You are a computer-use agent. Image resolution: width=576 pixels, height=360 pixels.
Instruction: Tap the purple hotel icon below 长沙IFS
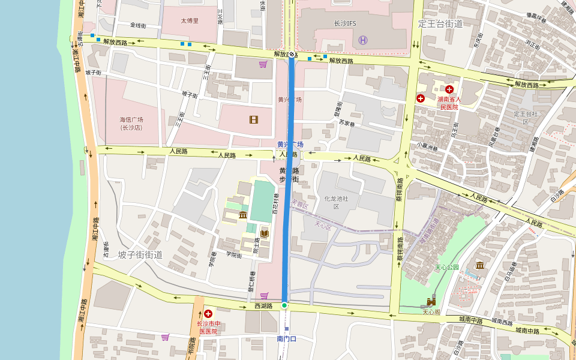(363, 40)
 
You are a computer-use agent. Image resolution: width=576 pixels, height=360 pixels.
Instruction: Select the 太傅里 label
(190, 20)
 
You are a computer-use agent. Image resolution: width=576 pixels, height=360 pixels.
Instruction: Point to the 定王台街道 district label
(440, 23)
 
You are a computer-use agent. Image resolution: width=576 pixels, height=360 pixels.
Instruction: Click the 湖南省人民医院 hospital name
(449, 103)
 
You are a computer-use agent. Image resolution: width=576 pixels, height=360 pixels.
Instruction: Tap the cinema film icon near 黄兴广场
(254, 119)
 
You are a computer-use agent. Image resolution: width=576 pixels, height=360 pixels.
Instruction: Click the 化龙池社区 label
(337, 202)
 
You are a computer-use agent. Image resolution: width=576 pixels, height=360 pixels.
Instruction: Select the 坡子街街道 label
(140, 254)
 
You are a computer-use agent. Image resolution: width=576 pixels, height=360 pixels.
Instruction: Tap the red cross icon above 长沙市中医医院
(208, 313)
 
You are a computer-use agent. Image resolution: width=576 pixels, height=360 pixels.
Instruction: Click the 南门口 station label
(287, 339)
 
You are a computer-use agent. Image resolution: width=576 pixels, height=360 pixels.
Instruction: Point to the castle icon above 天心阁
(431, 301)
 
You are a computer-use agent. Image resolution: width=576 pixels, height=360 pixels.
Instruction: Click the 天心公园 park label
(446, 267)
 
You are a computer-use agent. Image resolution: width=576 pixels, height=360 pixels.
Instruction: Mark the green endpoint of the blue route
(284, 305)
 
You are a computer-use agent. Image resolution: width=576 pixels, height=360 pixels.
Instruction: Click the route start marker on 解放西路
(292, 55)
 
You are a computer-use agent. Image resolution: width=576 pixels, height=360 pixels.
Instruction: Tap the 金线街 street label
(138, 26)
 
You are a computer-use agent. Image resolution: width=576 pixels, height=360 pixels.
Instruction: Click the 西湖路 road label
(263, 306)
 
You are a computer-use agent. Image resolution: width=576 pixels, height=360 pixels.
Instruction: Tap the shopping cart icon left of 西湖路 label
(264, 295)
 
